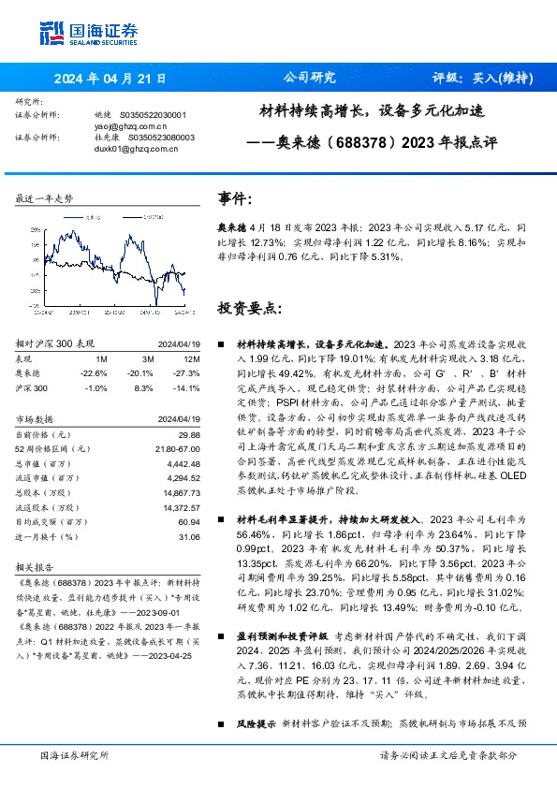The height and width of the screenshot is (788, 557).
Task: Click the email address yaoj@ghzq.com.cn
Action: [x=130, y=124]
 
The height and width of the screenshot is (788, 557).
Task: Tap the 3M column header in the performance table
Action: [x=147, y=358]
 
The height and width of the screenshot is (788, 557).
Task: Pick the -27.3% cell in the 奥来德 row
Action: [x=187, y=372]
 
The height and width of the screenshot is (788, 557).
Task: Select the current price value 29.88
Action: [x=189, y=434]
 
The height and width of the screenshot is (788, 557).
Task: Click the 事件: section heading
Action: [x=235, y=199]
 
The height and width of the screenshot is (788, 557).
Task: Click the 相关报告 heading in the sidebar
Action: [x=35, y=568]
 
